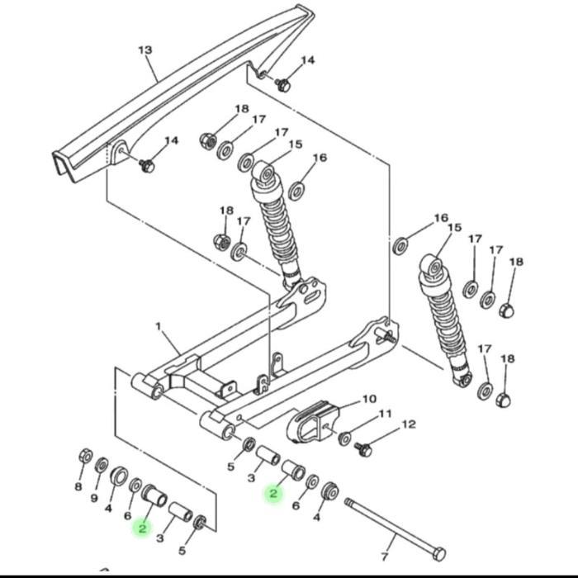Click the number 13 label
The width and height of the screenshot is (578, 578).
tap(144, 50)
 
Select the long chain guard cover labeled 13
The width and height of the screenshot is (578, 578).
tap(190, 91)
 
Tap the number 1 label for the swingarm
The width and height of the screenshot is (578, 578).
tap(158, 327)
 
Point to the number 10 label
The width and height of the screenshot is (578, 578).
tap(368, 398)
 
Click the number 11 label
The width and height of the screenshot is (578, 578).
tap(385, 413)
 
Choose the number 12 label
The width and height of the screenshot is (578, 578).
tap(408, 424)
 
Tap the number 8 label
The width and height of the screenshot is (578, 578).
tap(78, 486)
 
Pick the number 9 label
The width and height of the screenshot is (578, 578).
tap(93, 498)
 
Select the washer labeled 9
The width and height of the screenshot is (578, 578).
tap(102, 465)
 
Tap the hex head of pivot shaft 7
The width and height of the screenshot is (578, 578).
tap(438, 552)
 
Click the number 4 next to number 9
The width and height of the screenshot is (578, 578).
tap(108, 509)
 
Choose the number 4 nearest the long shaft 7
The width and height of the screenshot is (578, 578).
tap(317, 518)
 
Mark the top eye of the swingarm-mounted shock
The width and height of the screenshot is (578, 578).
tap(264, 173)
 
